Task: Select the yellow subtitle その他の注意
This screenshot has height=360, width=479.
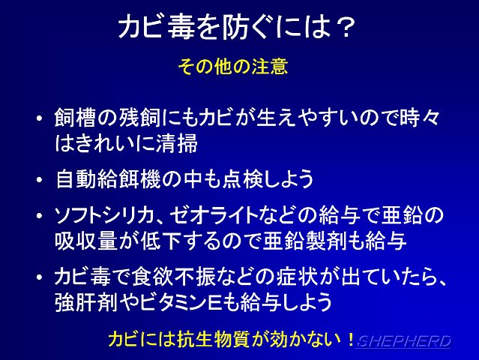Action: pyautogui.click(x=233, y=66)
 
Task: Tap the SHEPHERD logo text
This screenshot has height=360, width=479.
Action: pyautogui.click(x=403, y=341)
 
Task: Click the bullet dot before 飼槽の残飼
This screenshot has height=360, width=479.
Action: pyautogui.click(x=40, y=118)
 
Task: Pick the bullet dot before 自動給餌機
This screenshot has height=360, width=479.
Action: pyautogui.click(x=40, y=179)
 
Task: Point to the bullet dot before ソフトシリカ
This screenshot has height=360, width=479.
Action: pyautogui.click(x=40, y=215)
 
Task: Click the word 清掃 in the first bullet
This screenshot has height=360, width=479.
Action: pyautogui.click(x=177, y=143)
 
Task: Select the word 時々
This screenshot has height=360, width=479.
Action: pyautogui.click(x=420, y=118)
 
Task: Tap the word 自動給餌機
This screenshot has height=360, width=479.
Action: pyautogui.click(x=109, y=179)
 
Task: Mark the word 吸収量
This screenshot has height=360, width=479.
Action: pyautogui.click(x=86, y=241)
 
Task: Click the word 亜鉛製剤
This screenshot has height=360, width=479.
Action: pyautogui.click(x=304, y=241)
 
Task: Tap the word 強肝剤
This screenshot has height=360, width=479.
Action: pyautogui.click(x=86, y=302)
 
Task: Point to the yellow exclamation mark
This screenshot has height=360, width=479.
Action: pyautogui.click(x=350, y=339)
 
